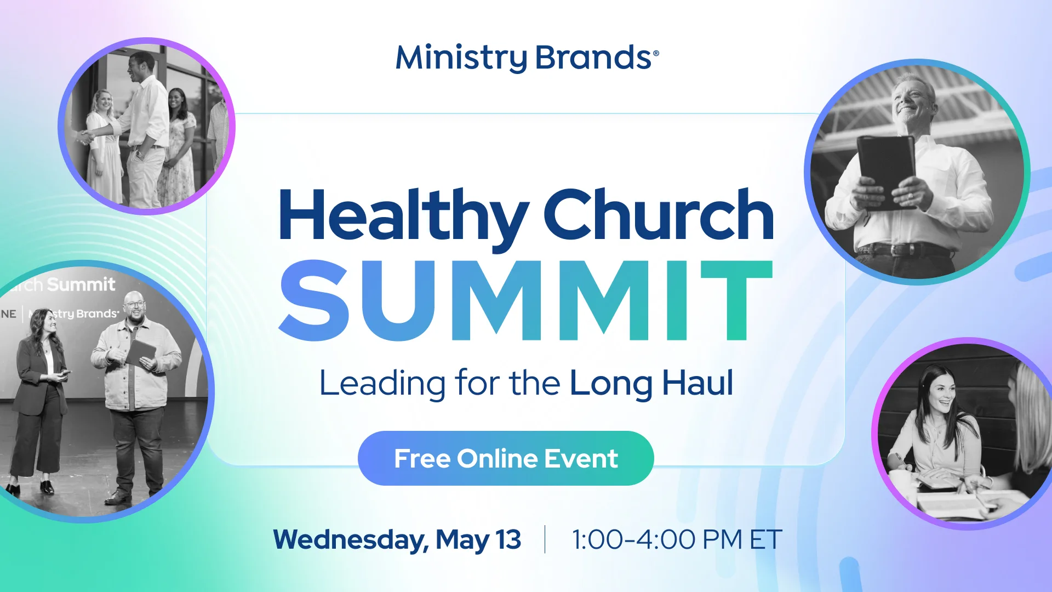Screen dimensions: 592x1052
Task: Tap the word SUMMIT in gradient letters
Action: point(526,300)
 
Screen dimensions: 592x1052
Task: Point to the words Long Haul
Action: point(651,383)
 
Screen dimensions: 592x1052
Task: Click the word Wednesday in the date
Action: point(351,539)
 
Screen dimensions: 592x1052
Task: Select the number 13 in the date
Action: point(508,539)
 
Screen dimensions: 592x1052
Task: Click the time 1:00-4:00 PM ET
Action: point(677,539)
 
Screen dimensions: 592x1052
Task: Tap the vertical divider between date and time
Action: point(545,539)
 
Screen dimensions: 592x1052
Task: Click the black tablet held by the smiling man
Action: point(887,170)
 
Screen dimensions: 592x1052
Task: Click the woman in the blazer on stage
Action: point(38,395)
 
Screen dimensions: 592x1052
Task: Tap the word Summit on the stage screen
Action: point(81,284)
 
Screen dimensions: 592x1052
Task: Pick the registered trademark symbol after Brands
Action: point(656,53)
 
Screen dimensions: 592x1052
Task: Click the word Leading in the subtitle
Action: point(382,383)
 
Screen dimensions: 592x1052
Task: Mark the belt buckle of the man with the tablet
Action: point(908,251)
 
